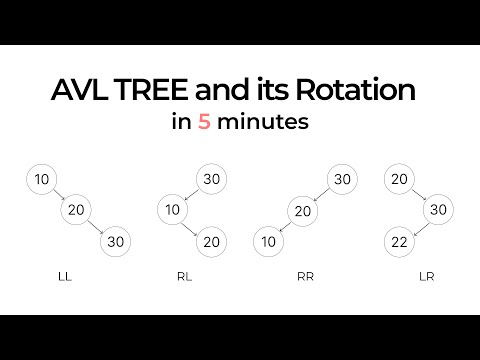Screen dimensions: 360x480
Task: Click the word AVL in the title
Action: [x=79, y=91]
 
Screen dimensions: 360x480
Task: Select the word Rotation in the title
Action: [x=349, y=91]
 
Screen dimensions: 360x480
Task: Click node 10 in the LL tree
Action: [x=41, y=179]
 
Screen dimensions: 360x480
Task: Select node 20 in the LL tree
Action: [x=75, y=210]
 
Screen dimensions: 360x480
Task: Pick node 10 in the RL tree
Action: [x=172, y=210]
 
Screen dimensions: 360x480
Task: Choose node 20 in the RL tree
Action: [x=209, y=241]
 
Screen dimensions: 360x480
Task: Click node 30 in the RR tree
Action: [x=340, y=179]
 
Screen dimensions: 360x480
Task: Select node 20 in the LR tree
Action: [x=398, y=179]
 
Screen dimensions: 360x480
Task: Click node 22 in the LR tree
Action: [x=398, y=241]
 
